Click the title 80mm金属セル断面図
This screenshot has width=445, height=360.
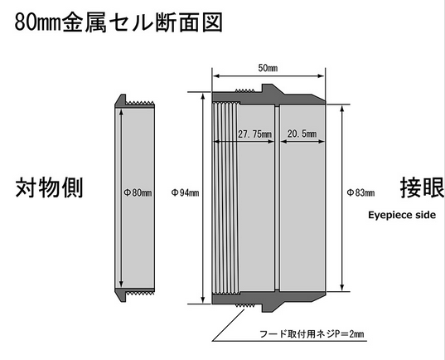click(119, 22)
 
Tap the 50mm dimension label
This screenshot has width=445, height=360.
click(268, 68)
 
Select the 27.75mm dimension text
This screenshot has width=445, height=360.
click(254, 134)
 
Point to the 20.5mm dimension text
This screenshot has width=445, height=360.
click(302, 134)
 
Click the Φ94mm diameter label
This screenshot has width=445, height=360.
click(185, 193)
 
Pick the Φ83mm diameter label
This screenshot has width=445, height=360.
click(360, 193)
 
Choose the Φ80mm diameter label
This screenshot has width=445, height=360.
click(138, 193)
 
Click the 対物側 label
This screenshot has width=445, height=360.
click(49, 187)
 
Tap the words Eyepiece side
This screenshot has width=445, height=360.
click(402, 215)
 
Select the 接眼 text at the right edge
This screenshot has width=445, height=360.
click(423, 187)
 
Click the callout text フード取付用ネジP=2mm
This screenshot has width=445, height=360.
click(312, 333)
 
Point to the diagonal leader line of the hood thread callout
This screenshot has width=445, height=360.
click(229, 325)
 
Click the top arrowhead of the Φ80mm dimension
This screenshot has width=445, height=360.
click(122, 113)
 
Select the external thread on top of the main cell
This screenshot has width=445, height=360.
click(245, 90)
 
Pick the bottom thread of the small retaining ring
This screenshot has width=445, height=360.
click(140, 292)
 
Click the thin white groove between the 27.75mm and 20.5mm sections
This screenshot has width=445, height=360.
click(277, 198)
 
